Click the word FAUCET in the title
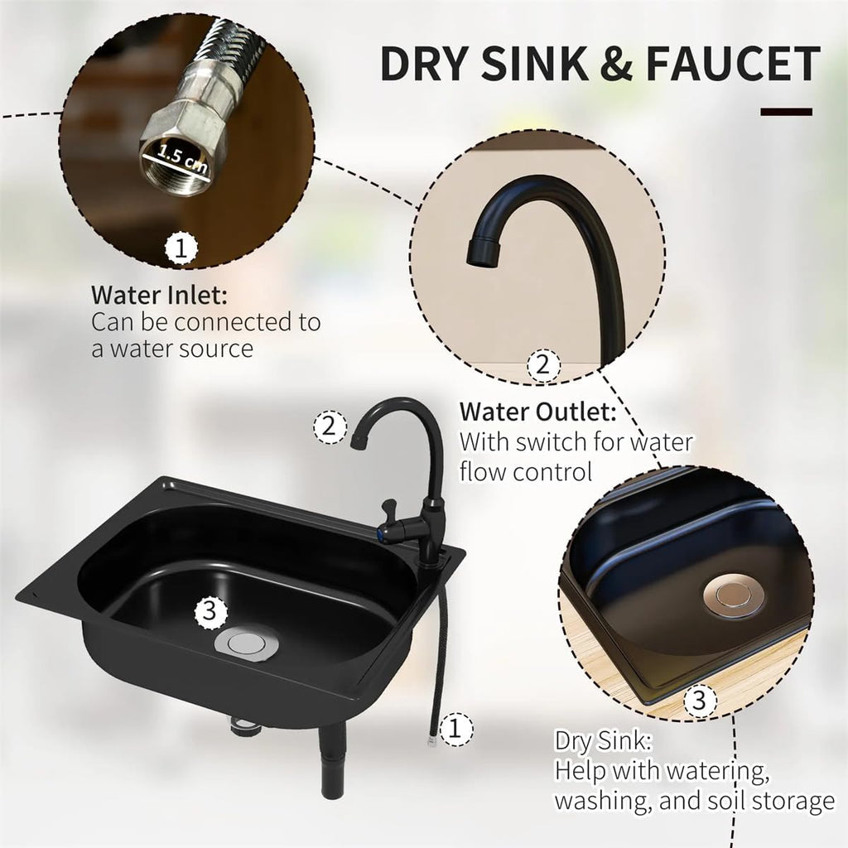[x=733, y=63]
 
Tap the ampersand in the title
[x=615, y=63]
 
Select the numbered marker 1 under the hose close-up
[x=181, y=249]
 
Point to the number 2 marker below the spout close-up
[x=543, y=365]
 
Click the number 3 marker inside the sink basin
[x=210, y=612]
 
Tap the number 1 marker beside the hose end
[x=455, y=729]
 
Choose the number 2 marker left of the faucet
[x=330, y=427]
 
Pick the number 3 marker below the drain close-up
[x=700, y=701]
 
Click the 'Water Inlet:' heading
[x=160, y=296]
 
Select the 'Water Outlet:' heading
[x=538, y=412]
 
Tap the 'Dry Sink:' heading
[x=604, y=741]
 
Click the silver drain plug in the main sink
[x=247, y=643]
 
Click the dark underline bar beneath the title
[x=787, y=113]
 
